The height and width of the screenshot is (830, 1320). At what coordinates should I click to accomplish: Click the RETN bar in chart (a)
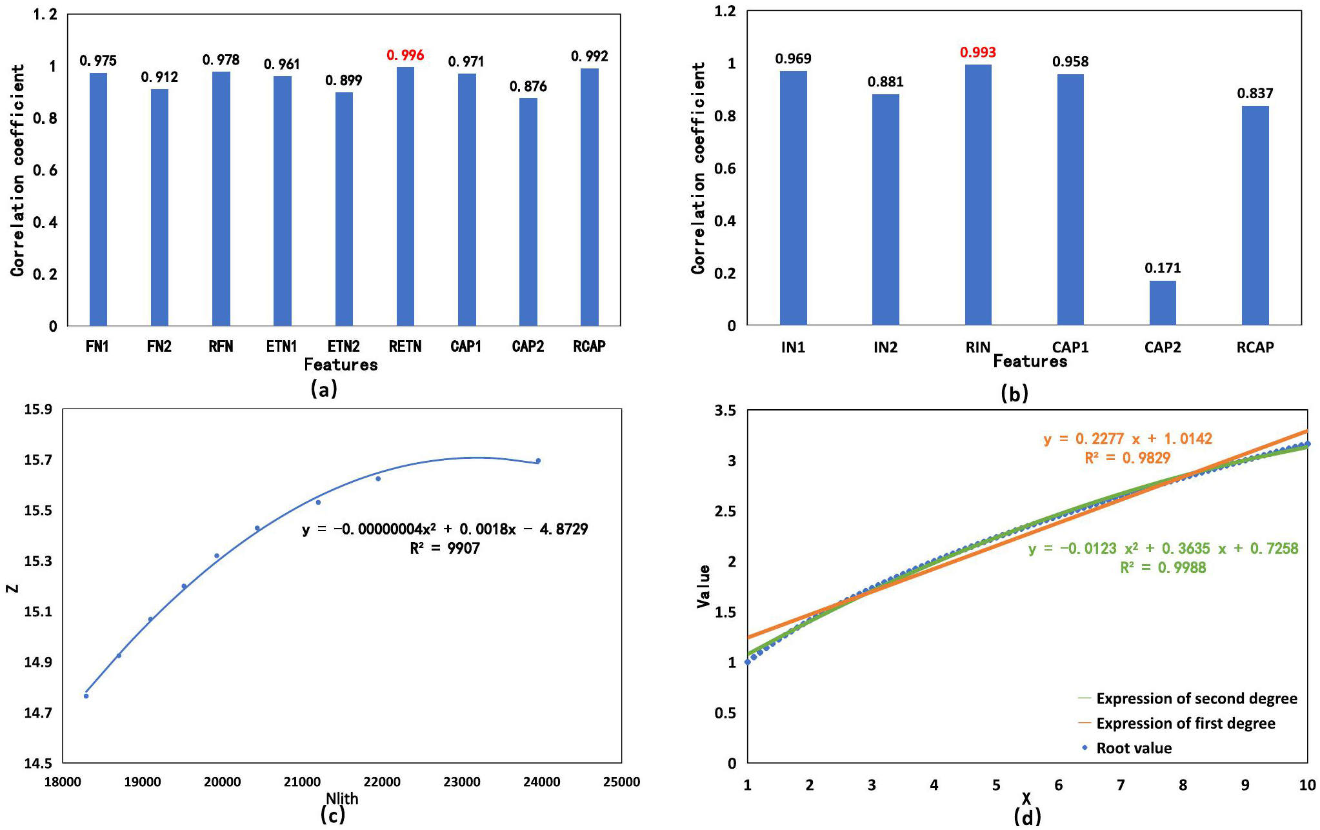(x=405, y=196)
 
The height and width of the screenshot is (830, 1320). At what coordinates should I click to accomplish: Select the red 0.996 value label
(x=405, y=56)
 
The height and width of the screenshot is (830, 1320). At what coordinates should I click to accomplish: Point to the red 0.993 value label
(x=977, y=52)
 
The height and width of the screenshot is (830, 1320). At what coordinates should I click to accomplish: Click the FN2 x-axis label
(x=159, y=347)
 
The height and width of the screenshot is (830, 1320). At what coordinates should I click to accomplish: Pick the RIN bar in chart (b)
(x=977, y=194)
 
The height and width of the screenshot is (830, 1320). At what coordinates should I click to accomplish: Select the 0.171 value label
(x=1162, y=268)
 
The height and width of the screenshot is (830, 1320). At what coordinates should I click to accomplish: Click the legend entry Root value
(x=1134, y=748)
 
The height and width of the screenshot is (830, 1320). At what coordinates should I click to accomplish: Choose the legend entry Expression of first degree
(x=1185, y=724)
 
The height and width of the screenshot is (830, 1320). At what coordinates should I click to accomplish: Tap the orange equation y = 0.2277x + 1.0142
(x=1128, y=439)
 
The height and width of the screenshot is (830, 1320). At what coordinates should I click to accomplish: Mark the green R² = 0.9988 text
(x=1163, y=567)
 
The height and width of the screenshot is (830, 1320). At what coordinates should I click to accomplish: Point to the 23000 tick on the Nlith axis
(x=461, y=782)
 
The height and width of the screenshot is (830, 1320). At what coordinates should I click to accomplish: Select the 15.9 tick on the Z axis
(x=38, y=409)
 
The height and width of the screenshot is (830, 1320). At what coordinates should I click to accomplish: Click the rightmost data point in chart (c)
(x=538, y=461)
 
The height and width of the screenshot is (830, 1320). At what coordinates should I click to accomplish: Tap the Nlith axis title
(x=342, y=798)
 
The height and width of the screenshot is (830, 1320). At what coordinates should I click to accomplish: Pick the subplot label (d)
(x=1027, y=817)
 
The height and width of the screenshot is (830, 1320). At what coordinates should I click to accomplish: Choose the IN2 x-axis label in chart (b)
(x=885, y=347)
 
